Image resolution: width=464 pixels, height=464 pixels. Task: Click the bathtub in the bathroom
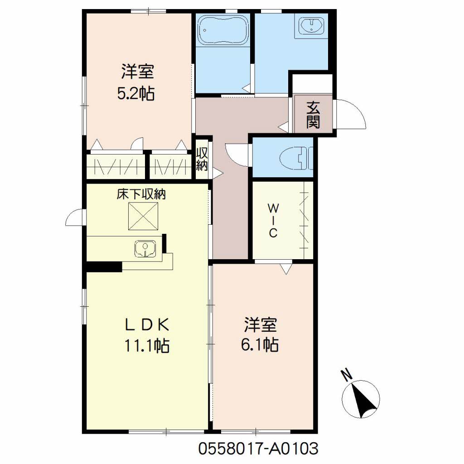click(223, 30)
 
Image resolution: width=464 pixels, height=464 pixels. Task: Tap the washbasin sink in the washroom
click(312, 25)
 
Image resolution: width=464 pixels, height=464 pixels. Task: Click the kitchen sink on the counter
click(145, 248)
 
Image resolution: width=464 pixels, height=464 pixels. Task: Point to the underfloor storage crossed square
click(143, 216)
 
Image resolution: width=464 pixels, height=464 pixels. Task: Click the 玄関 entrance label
click(313, 115)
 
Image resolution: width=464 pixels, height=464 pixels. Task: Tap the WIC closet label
click(273, 221)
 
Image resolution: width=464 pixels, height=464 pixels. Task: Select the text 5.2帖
click(136, 94)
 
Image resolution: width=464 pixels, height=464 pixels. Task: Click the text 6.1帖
click(260, 345)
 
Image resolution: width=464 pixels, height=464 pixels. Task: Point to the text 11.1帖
click(147, 345)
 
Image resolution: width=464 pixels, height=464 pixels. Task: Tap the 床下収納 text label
click(141, 194)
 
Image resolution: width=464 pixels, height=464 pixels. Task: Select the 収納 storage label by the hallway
click(202, 159)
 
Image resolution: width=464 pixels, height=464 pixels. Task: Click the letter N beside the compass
click(347, 375)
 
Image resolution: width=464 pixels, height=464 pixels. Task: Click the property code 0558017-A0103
click(258, 448)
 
